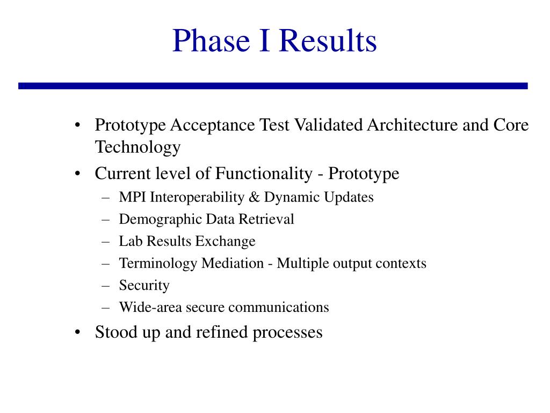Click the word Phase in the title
(211, 40)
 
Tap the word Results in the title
(328, 40)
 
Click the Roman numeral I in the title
(265, 40)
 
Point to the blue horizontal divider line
(273, 86)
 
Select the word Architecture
(412, 125)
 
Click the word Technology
(138, 147)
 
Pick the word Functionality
(263, 174)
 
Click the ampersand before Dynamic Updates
(254, 197)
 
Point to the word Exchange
(225, 241)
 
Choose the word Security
(144, 286)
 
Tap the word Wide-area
(150, 307)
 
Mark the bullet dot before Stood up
(77, 332)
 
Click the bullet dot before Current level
(77, 174)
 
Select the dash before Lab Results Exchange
(106, 241)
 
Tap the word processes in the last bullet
(287, 333)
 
